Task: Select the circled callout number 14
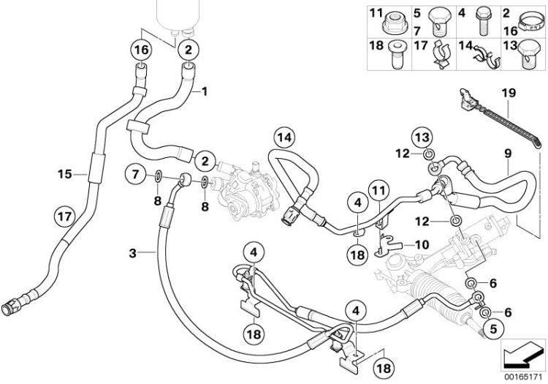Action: coord(284,137)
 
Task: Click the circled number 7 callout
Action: coord(134,176)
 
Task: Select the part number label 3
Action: coord(132,253)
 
